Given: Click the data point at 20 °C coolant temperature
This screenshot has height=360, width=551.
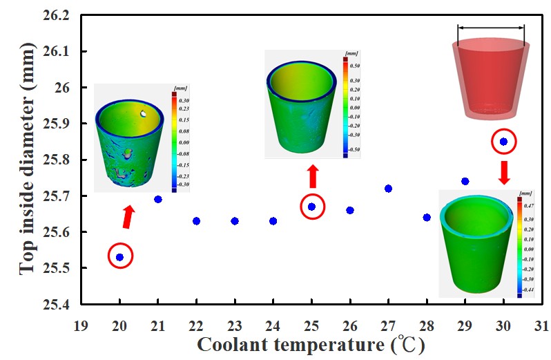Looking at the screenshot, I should click(x=120, y=257).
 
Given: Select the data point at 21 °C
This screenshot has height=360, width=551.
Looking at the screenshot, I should click(x=158, y=199).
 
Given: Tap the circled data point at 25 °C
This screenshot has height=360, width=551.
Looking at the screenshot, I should click(x=311, y=207).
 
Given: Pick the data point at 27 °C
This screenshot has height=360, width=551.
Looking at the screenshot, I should click(x=388, y=189).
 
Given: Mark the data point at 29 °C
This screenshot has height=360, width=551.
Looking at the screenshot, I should click(x=465, y=181).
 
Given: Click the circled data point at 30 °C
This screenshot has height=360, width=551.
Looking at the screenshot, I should click(x=503, y=142).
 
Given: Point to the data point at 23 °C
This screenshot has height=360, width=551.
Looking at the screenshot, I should click(x=235, y=221).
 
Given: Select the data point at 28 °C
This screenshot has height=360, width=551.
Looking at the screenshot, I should click(x=427, y=217).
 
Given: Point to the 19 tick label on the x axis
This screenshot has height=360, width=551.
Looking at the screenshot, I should click(x=81, y=322).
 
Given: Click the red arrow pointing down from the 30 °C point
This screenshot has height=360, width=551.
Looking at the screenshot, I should click(x=504, y=171).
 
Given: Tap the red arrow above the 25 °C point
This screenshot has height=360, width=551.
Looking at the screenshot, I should click(x=312, y=176).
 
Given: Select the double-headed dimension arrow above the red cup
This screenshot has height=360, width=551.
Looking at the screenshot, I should click(x=491, y=28).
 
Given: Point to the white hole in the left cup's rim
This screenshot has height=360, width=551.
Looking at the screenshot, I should click(x=143, y=113).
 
